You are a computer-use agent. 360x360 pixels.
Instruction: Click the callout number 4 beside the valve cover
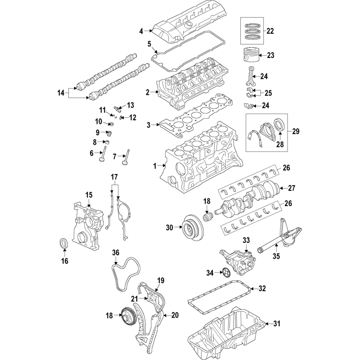(141, 31)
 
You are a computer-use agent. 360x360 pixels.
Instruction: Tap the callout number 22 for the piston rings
(270, 31)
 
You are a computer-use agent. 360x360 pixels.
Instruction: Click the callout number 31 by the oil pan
(277, 324)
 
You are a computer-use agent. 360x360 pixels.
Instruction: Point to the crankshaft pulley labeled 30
(192, 228)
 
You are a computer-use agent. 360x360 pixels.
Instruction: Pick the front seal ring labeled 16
(64, 243)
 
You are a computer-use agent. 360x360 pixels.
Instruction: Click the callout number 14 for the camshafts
(61, 93)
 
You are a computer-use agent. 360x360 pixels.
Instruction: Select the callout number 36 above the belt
(116, 252)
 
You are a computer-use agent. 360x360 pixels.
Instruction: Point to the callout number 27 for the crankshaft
(291, 188)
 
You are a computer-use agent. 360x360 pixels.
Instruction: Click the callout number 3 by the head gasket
(148, 125)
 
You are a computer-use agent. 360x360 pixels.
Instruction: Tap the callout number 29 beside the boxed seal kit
(296, 131)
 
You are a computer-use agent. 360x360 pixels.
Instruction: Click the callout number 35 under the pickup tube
(276, 256)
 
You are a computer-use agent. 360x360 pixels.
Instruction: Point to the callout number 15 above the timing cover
(89, 195)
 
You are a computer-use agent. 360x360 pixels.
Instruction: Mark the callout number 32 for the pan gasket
(262, 288)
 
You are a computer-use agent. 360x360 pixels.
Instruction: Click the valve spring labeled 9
(110, 133)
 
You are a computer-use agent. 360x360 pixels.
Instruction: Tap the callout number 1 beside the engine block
(155, 166)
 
